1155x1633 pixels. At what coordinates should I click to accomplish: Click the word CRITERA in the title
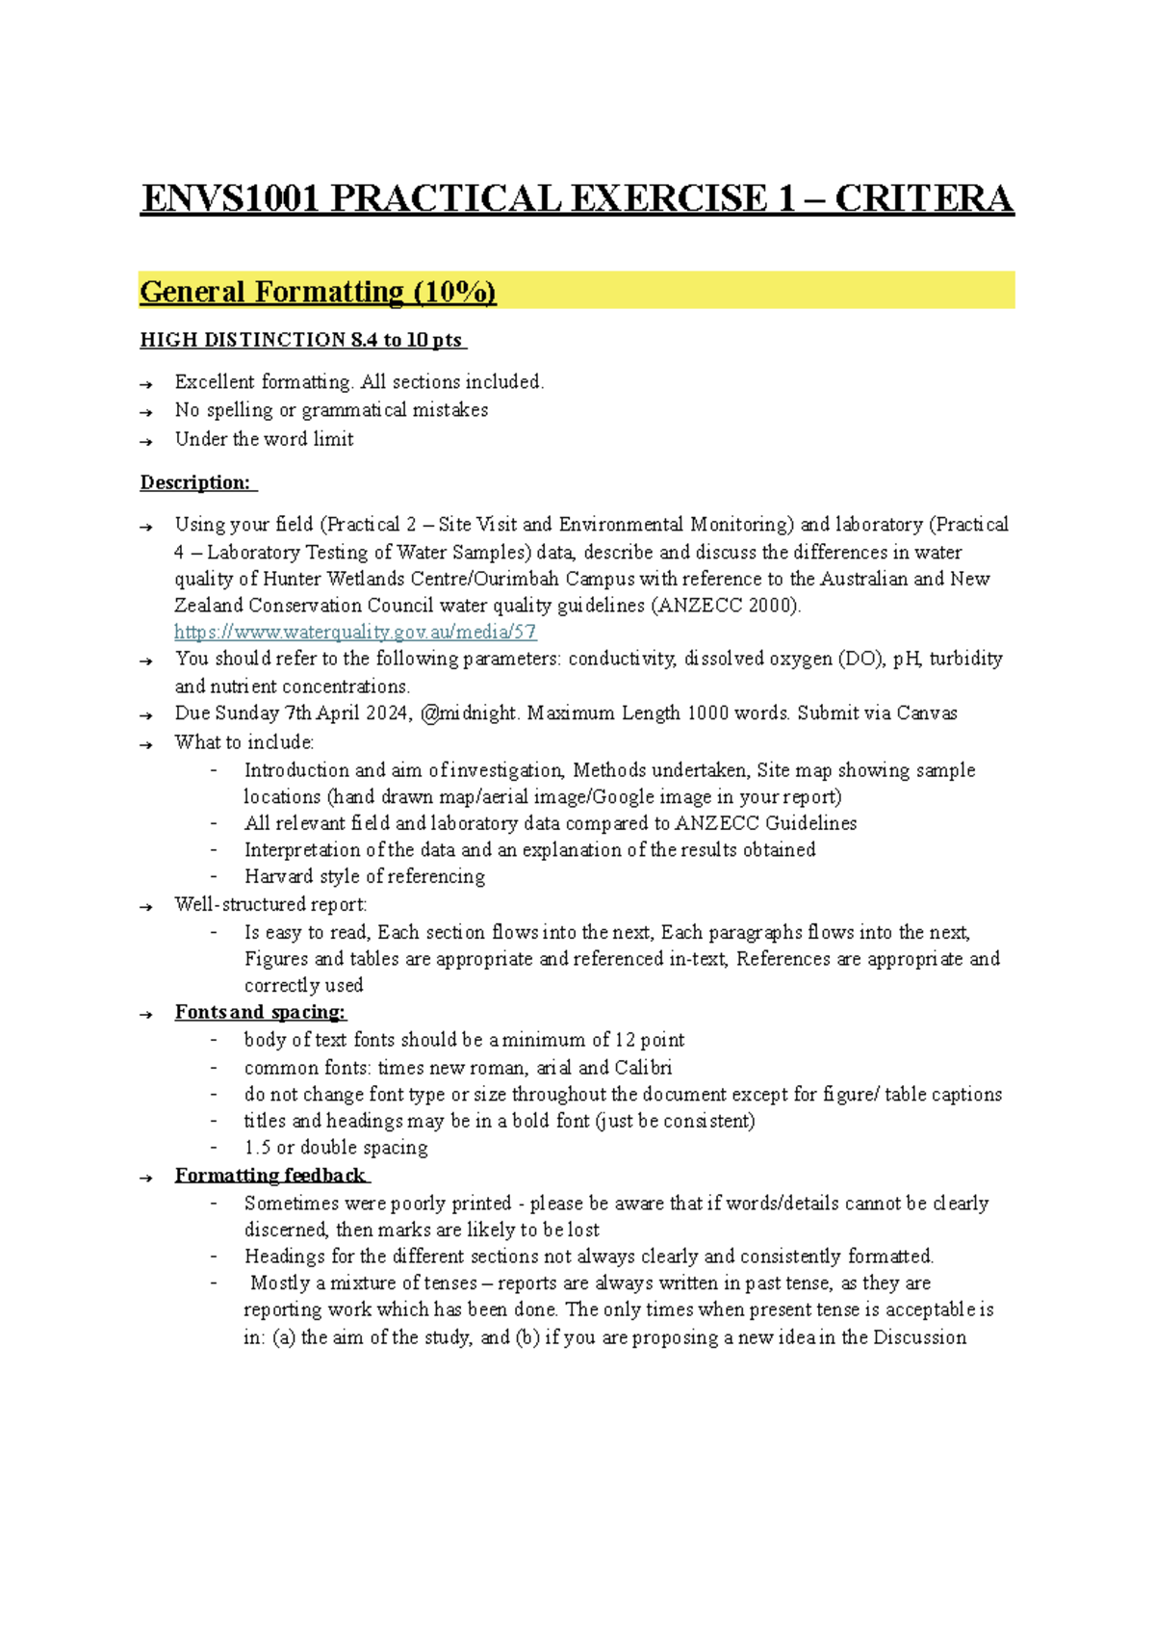click(923, 199)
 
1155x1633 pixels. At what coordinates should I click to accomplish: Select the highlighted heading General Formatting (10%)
click(318, 292)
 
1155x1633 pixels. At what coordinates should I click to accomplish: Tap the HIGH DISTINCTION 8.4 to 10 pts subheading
click(301, 340)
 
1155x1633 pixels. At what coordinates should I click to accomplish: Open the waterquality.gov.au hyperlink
click(355, 632)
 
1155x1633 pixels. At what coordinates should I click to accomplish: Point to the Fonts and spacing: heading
click(260, 1012)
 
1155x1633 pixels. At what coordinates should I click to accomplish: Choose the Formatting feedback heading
click(270, 1176)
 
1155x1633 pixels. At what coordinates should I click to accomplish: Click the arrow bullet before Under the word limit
click(146, 441)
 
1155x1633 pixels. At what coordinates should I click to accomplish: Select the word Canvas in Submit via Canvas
click(926, 713)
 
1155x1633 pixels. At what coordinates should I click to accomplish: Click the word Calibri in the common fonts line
click(643, 1068)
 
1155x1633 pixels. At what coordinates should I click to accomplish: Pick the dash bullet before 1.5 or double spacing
click(215, 1148)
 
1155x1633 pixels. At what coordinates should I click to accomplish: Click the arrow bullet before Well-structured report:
click(146, 906)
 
